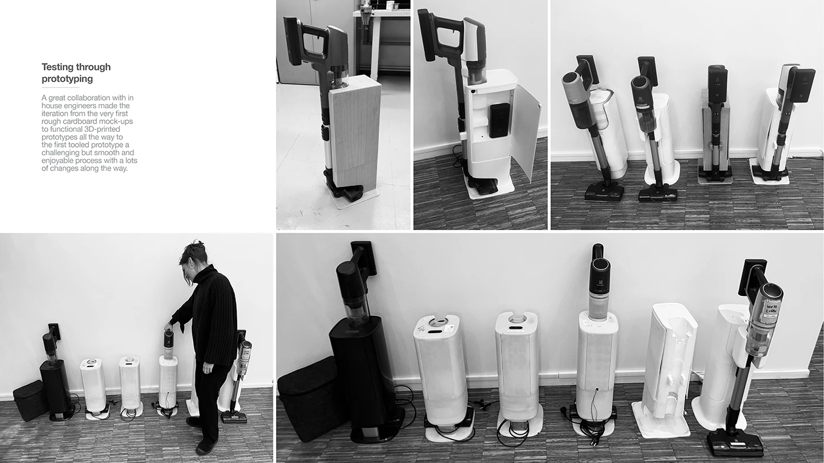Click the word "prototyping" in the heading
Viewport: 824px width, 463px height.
click(67, 79)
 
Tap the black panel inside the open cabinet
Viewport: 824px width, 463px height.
click(499, 121)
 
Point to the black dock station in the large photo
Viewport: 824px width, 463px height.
click(363, 377)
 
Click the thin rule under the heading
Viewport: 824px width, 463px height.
click(60, 87)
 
